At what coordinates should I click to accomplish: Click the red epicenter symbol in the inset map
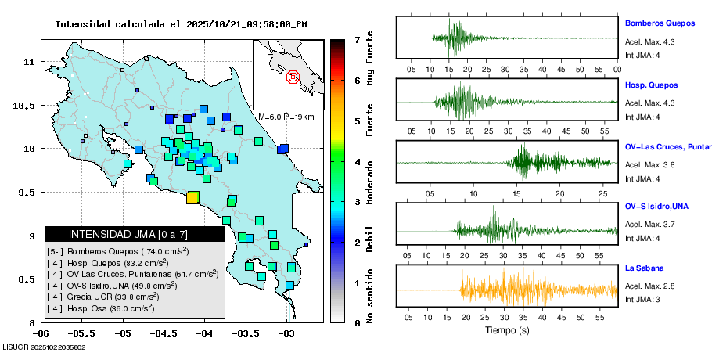[293, 77]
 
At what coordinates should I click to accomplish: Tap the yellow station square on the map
[192, 197]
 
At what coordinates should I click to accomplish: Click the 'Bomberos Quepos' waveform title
[660, 23]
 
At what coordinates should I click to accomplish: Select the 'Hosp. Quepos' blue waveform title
[651, 85]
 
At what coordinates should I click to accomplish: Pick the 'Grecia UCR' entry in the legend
[102, 297]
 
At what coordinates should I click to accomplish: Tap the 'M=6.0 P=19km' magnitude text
[286, 117]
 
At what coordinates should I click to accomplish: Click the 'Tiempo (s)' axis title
[507, 330]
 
